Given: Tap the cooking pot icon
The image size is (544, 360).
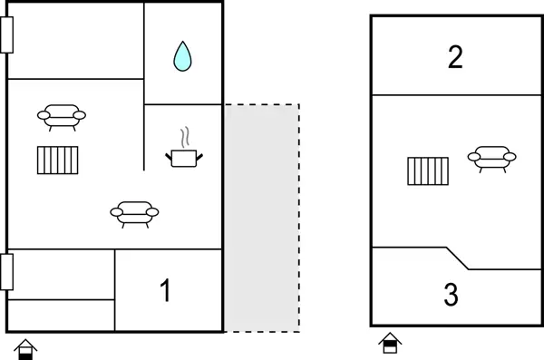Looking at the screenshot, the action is click(185, 158).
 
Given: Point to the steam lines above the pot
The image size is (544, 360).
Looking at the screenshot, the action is click(186, 138).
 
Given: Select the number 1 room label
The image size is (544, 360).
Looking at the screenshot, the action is click(165, 291).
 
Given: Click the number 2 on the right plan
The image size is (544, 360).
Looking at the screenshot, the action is click(455, 57).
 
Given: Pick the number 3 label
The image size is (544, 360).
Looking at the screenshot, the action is click(451, 296).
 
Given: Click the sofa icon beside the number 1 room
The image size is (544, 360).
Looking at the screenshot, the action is click(134, 213).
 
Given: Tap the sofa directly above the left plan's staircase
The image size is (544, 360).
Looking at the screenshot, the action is click(62, 116).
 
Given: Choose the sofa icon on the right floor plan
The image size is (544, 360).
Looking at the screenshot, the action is click(491, 159).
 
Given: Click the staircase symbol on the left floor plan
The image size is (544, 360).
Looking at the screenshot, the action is click(59, 160).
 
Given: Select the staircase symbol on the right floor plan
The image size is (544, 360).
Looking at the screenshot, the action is click(428, 170).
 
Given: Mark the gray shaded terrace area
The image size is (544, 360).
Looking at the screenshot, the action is click(261, 218).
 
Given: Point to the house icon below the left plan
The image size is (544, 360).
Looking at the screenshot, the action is click(26, 348).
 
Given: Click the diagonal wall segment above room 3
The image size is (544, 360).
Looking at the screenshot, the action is click(456, 258).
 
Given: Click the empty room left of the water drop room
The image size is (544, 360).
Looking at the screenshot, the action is click(76, 41).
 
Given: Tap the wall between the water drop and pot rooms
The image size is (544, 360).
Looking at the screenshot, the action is click(183, 104).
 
